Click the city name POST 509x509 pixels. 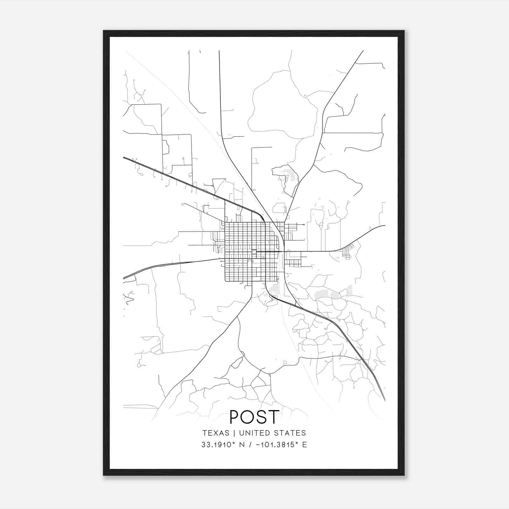pos(254,417)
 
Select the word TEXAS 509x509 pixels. pos(216,433)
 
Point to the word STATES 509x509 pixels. pos(292,433)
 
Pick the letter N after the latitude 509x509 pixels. pos(242,445)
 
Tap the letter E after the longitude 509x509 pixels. pos(305,445)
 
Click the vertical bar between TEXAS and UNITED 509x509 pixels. pos(234,433)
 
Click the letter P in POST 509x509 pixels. pos(235,417)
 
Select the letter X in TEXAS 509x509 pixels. pos(216,433)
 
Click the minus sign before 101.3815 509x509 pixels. pos(258,445)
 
